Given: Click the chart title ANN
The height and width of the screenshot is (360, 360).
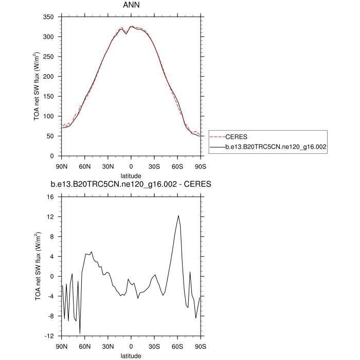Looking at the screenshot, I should [x=132, y=5].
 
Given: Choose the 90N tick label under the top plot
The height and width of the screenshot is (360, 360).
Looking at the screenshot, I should [x=61, y=166].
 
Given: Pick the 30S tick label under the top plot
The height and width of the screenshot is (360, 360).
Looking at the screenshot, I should [x=155, y=166].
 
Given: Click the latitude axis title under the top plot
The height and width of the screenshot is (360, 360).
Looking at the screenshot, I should [x=132, y=175].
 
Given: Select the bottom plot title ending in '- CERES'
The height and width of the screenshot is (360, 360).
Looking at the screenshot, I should [x=132, y=184].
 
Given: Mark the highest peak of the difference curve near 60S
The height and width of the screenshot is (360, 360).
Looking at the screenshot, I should [x=178, y=215].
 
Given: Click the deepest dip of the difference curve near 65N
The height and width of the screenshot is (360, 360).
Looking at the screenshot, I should [x=80, y=333].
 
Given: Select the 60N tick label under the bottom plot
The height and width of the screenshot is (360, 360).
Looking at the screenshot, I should [x=85, y=346].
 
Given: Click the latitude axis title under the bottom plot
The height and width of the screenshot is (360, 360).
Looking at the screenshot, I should [x=132, y=355].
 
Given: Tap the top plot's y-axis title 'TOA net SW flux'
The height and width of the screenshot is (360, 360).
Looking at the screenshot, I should [x=37, y=86].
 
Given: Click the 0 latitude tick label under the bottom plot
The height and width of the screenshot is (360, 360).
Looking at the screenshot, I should [x=132, y=346].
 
